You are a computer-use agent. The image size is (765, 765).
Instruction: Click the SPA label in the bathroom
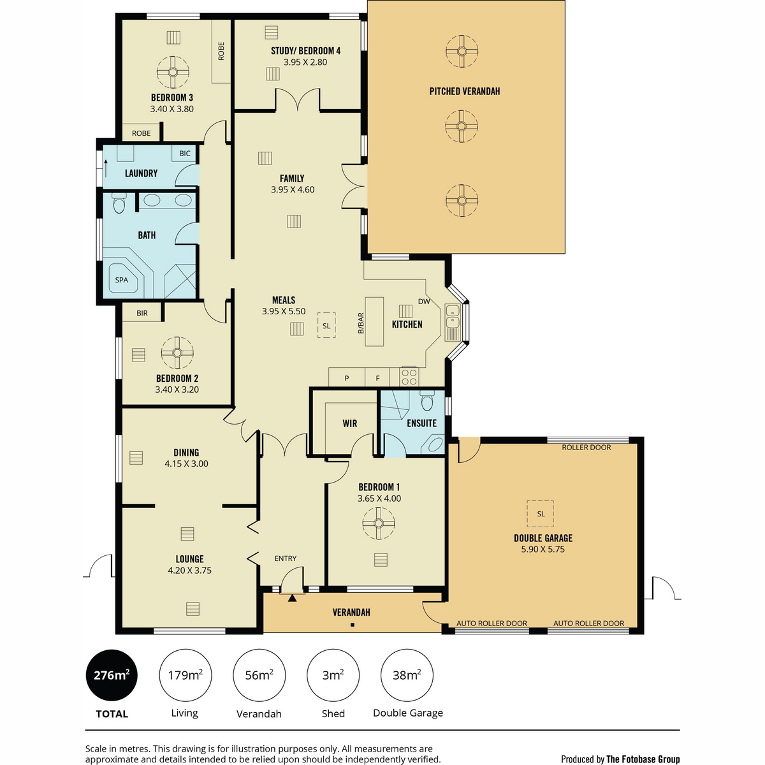pos(122,280)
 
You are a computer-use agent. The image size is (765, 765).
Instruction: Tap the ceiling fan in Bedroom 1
pos(378,523)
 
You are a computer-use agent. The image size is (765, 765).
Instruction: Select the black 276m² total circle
pos(112,675)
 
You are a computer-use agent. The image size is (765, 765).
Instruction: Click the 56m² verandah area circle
pos(259,675)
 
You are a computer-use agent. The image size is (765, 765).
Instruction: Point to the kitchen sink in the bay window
pos(452,323)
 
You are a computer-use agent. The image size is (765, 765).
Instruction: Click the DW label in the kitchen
pos(424,302)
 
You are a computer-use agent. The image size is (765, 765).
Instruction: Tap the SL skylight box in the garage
pos(541,514)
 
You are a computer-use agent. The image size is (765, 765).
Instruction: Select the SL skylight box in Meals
pos(326,326)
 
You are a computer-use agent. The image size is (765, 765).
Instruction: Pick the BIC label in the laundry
pos(185,153)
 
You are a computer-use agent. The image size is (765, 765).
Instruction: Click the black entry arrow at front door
pos(292,598)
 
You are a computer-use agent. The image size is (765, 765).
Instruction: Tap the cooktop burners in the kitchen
pos(409,377)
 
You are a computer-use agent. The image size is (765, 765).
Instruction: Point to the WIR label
pos(350,423)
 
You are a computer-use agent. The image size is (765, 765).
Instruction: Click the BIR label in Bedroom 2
pos(142,313)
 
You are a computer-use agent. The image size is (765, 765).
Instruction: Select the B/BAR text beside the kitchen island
pos(360,323)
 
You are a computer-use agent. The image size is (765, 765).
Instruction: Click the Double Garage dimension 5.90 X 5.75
pos(543,550)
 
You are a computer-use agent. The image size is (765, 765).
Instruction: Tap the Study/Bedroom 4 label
pos(306,51)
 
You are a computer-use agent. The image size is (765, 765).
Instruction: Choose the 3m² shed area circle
pos(333,675)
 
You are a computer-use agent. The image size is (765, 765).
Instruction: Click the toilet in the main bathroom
pos(119,203)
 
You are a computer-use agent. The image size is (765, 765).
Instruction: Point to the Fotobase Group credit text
pos(620,759)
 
